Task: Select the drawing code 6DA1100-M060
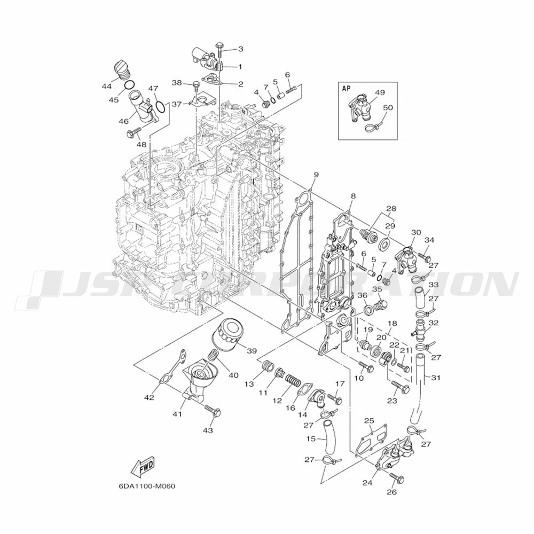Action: click(147, 486)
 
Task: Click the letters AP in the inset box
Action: click(346, 89)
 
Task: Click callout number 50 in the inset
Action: click(388, 107)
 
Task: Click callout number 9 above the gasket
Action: click(316, 175)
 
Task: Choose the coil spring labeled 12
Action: click(292, 381)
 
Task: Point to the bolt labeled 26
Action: click(396, 476)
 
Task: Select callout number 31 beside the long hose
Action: click(436, 378)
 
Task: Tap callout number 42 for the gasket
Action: click(149, 397)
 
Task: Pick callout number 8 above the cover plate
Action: click(353, 197)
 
